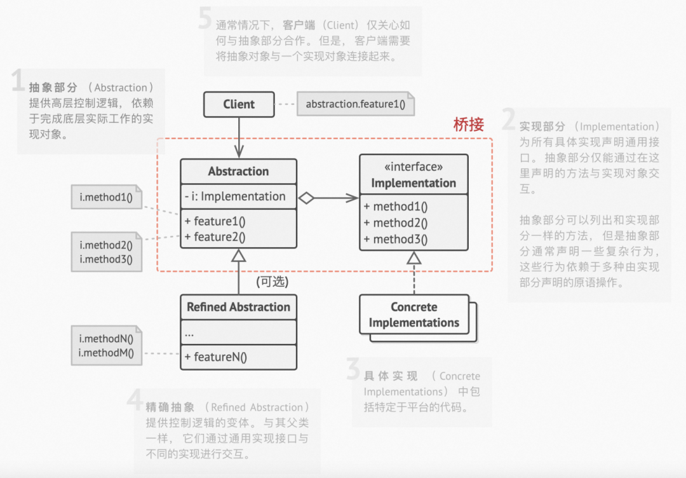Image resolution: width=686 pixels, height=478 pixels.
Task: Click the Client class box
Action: point(239,105)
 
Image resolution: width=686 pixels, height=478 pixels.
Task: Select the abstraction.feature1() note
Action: point(355,104)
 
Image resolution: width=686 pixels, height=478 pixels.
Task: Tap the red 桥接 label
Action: point(469,125)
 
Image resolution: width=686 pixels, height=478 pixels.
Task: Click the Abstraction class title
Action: point(238,172)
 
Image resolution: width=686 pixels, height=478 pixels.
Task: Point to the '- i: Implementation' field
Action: point(235,196)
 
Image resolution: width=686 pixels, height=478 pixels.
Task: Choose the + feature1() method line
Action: point(215,221)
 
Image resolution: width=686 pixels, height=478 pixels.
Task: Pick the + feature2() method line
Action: point(215,237)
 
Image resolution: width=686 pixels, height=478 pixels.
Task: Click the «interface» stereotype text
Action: point(414,167)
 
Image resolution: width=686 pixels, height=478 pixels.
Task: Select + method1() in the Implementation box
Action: point(396,207)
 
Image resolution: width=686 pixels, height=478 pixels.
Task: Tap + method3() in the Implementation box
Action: point(396,240)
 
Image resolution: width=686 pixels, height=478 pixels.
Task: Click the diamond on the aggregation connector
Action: point(307,198)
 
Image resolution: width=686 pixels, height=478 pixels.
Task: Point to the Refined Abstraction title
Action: point(238,307)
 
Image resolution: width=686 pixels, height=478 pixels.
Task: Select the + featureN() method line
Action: point(216,357)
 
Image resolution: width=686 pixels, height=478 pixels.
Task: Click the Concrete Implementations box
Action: point(414,315)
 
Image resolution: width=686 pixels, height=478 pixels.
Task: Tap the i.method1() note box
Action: point(106,197)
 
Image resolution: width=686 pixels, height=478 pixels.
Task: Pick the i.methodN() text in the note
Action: point(106,339)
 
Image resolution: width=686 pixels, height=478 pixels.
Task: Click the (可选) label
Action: point(272,281)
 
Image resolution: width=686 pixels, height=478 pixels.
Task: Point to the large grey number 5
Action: point(205,19)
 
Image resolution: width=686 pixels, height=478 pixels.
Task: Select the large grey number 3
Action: point(353,369)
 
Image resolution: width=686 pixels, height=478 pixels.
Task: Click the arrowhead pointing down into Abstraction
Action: point(239,153)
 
